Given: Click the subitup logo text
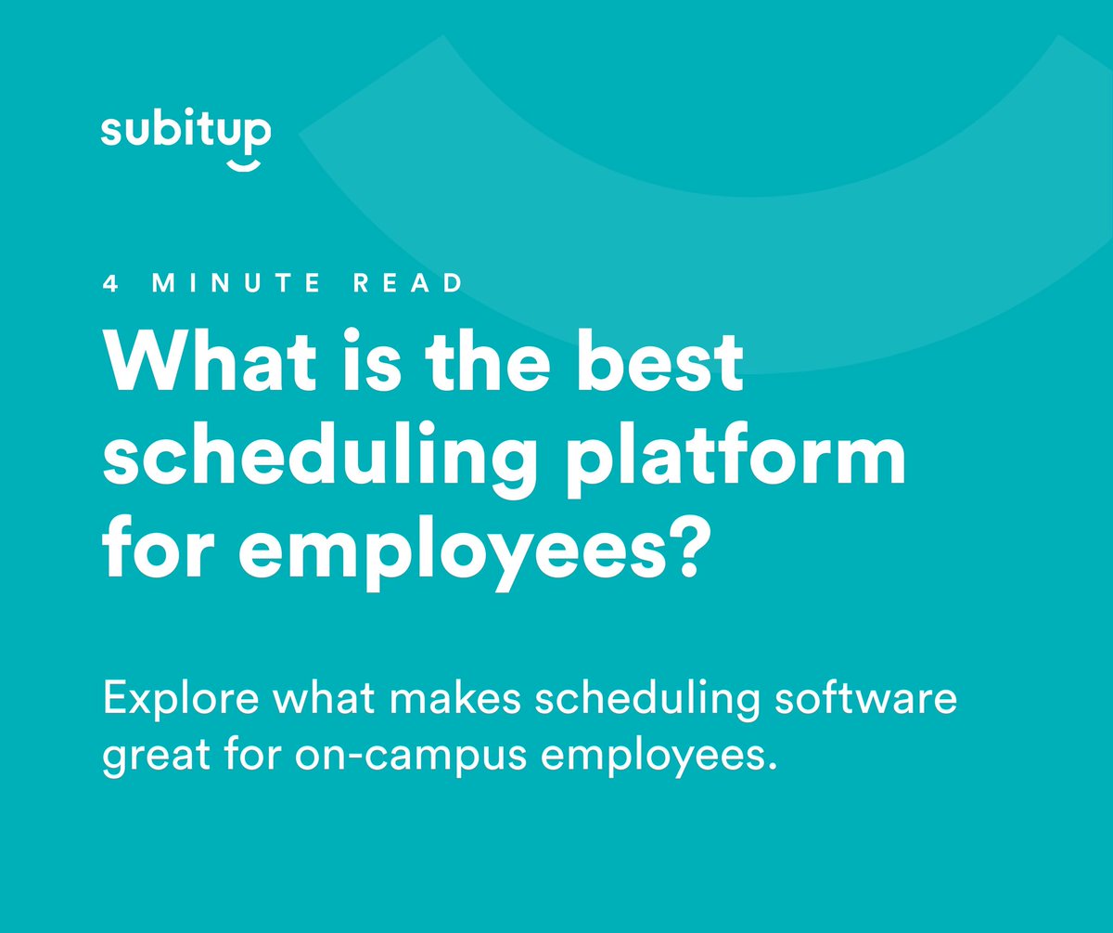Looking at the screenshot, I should (185, 131).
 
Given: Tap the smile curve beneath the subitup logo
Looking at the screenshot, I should (244, 164).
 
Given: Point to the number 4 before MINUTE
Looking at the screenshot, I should (111, 284).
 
